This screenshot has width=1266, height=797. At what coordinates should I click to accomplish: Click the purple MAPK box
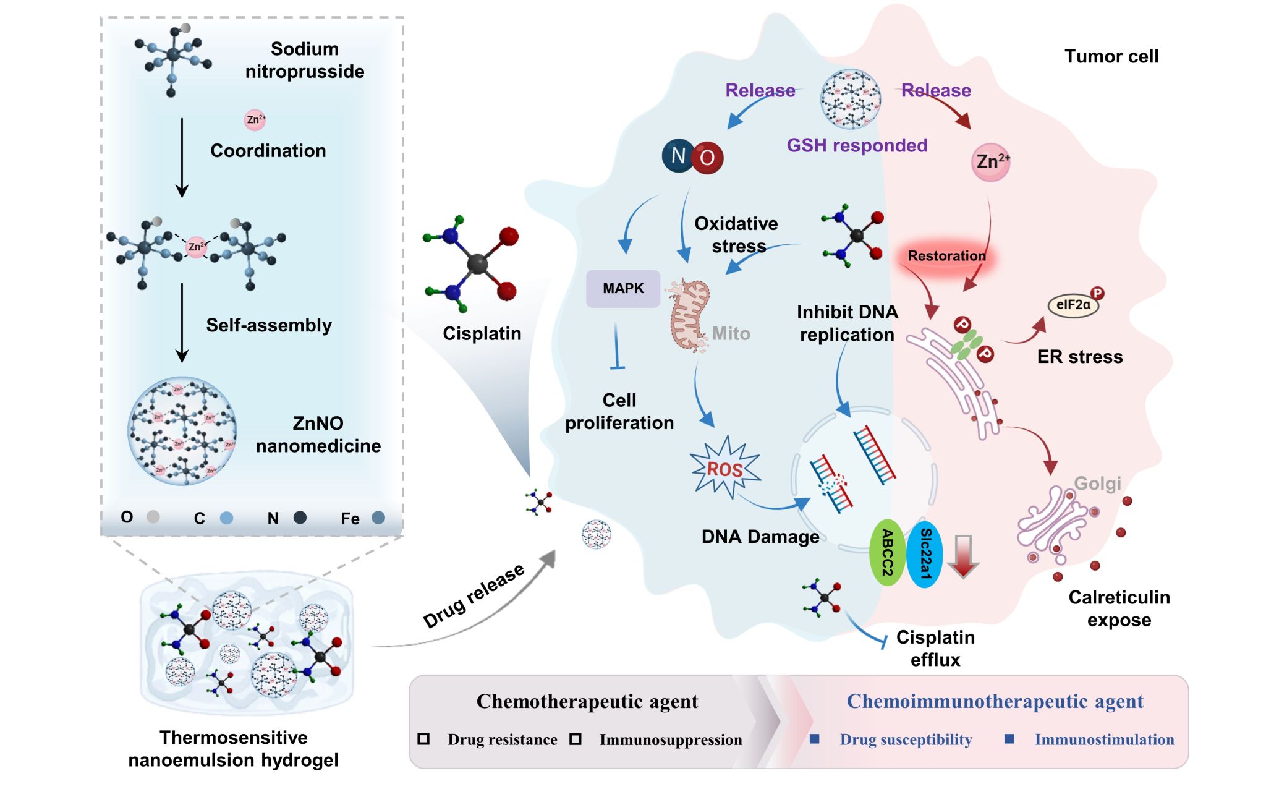coord(622,289)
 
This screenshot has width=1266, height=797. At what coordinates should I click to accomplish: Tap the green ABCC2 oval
coord(887,552)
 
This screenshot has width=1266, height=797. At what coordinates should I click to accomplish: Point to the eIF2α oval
coord(1073,305)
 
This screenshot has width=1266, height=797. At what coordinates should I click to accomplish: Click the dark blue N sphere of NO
coord(678,155)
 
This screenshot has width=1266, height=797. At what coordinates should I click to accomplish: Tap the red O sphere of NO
coord(707,158)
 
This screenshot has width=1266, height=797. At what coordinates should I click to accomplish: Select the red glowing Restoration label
coord(946,256)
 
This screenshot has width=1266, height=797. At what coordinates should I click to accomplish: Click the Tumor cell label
coord(1111,56)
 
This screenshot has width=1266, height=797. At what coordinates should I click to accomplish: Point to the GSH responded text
coord(857,145)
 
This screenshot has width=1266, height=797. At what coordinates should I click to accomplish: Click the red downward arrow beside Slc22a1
coord(962,555)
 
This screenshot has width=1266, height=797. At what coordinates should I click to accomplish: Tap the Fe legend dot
coord(378,518)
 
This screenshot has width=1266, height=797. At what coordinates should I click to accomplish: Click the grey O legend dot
coord(153,517)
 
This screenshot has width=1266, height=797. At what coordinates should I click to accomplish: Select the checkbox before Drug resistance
coord(423,739)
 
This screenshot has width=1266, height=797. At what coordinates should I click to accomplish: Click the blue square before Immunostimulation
coord(1009,739)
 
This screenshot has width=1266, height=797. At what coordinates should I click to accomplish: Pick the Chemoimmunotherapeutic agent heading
coord(995,701)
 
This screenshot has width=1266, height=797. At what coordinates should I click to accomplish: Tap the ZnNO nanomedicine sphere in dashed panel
coord(182,430)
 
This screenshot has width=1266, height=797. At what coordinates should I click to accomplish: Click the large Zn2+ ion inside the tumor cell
coord(990,162)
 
